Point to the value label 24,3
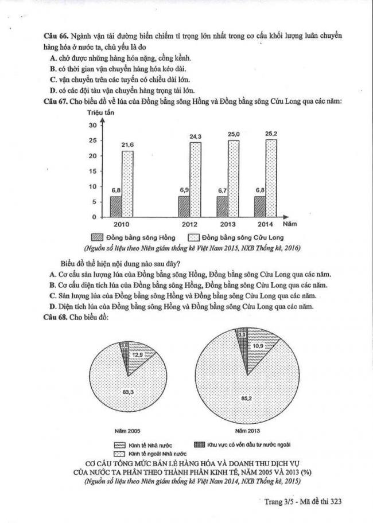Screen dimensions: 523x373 point(196,136)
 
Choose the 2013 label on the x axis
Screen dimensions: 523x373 point(222,224)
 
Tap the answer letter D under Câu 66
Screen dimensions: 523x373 point(52,90)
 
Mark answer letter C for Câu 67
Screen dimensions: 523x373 point(52,296)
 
